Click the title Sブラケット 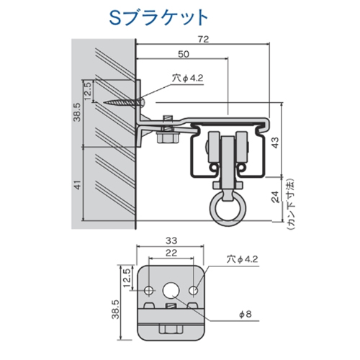[161, 15]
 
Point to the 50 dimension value [184, 55]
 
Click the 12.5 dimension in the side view [88, 92]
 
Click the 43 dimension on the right [284, 144]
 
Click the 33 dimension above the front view [171, 241]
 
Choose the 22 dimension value [171, 253]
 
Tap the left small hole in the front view [149, 289]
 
